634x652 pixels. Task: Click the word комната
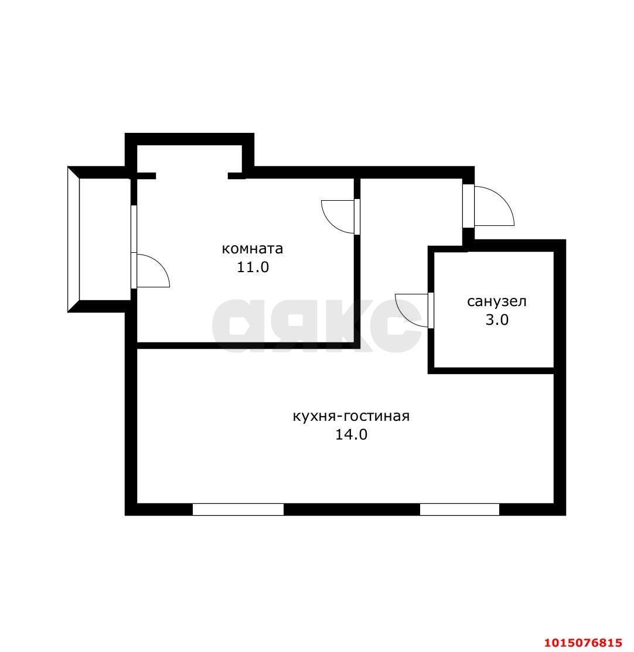tap(253, 249)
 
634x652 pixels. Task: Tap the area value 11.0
tap(253, 267)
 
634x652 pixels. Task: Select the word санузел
tap(497, 301)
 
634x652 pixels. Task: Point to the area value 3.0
tap(497, 320)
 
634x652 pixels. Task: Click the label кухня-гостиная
tap(352, 416)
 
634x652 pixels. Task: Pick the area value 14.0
tap(352, 434)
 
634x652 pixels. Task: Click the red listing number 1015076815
tap(587, 643)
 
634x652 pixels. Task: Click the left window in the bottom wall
tap(238, 509)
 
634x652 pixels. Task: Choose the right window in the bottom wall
tap(459, 509)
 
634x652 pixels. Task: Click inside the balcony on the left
tap(105, 239)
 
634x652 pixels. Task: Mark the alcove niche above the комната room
tap(190, 160)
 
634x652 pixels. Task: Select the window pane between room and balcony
tap(134, 229)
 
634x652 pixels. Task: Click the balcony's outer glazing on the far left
tap(73, 239)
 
